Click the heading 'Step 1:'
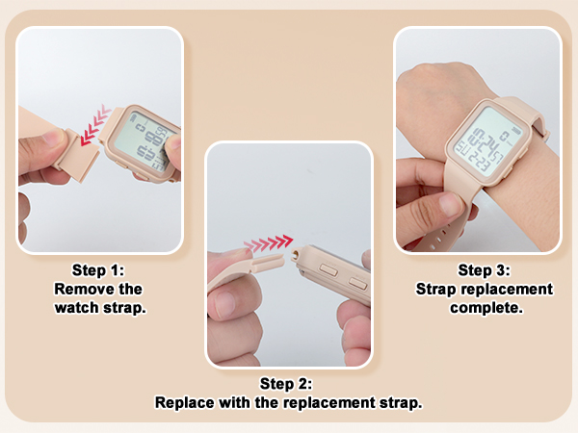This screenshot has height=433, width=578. tap(98, 270)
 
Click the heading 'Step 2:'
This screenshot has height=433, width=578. tap(288, 384)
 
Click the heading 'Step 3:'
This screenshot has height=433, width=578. tap(484, 270)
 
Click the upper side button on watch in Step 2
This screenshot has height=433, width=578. tap(328, 270)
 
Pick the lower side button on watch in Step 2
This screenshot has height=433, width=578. tap(358, 283)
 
